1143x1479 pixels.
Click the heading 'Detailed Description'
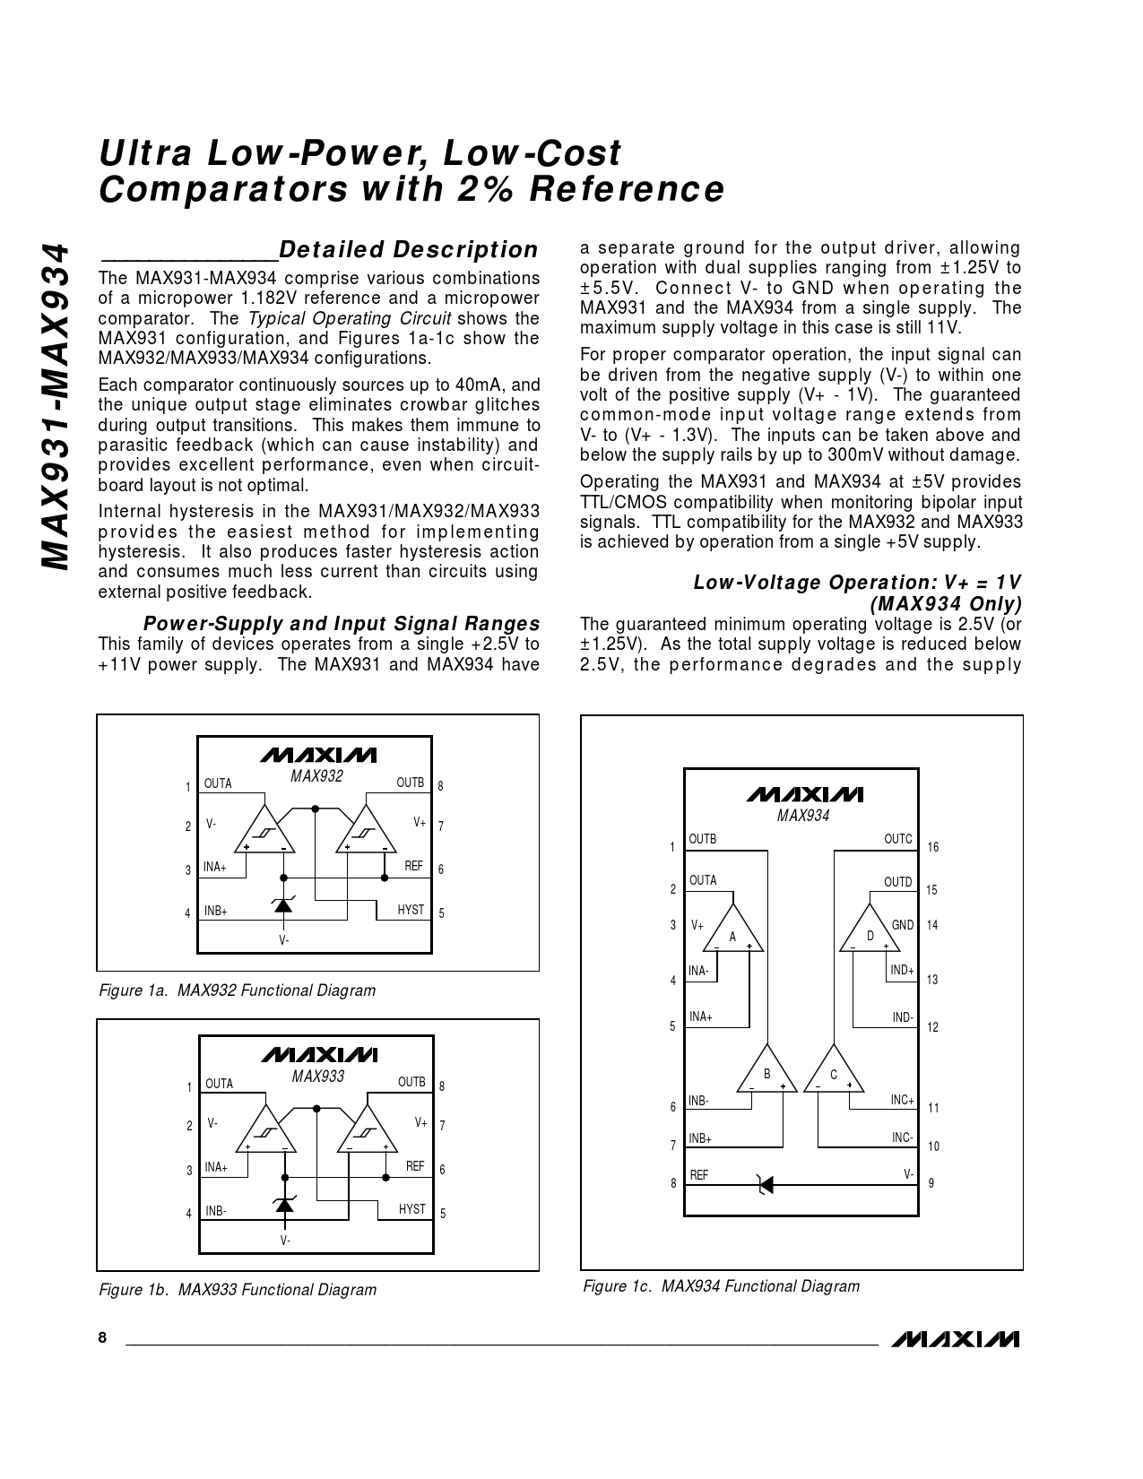click(x=409, y=249)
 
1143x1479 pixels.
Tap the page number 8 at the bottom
click(x=102, y=1337)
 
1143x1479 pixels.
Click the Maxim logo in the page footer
click(x=956, y=1338)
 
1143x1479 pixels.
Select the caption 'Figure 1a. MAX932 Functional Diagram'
click(x=237, y=990)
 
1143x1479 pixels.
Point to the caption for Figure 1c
click(x=721, y=1286)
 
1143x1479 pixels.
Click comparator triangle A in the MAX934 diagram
click(x=733, y=933)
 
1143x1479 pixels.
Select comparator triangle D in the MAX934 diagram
click(x=870, y=933)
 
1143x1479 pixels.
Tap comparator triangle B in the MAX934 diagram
click(x=767, y=1072)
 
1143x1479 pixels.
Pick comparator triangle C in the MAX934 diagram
click(x=834, y=1072)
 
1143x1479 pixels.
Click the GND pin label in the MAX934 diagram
click(x=902, y=925)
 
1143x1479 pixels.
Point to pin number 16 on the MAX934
click(x=933, y=847)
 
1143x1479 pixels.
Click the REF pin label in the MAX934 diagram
click(x=699, y=1174)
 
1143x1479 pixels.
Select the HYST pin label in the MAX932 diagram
click(x=411, y=910)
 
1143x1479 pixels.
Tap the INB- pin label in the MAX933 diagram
click(x=216, y=1211)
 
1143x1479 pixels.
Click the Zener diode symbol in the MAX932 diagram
click(x=283, y=905)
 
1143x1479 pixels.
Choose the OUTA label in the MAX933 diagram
click(x=220, y=1084)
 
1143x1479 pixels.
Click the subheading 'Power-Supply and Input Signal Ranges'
click(x=342, y=624)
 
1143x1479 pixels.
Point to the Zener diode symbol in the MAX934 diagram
click(x=765, y=1184)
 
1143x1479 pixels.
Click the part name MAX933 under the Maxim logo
click(x=318, y=1077)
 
